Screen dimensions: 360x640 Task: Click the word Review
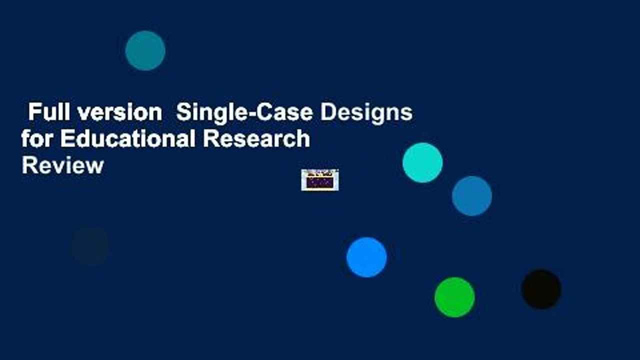(62, 164)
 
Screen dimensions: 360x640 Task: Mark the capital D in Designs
(327, 113)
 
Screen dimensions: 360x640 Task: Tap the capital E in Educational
(66, 138)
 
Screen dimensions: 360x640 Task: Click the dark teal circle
(145, 50)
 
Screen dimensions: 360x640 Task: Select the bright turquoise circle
(422, 162)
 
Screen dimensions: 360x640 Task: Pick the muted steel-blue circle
(472, 196)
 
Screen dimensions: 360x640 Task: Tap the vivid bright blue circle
(366, 257)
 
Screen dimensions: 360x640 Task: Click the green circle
(454, 297)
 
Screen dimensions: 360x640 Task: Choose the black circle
(541, 289)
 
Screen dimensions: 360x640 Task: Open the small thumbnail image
(320, 180)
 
